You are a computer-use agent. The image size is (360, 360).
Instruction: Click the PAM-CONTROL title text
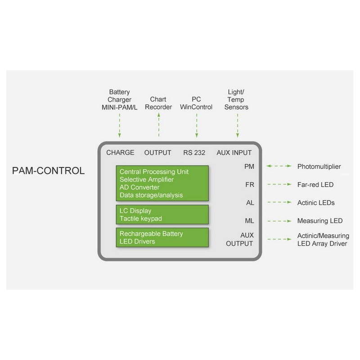(48, 171)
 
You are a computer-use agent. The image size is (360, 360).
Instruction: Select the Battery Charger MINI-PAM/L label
(119, 99)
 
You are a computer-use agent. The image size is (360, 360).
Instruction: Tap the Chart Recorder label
(158, 103)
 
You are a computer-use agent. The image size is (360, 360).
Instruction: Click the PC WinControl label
(196, 103)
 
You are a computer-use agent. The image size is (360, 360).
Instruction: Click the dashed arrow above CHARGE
(120, 126)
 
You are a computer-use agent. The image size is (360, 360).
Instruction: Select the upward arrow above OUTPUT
(158, 126)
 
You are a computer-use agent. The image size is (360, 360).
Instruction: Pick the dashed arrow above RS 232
(197, 126)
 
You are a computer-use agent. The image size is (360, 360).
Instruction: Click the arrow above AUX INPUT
(237, 126)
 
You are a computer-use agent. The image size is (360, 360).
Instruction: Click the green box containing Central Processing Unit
(162, 183)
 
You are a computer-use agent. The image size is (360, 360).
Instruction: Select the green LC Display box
(162, 215)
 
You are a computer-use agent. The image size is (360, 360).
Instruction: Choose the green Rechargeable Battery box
(162, 238)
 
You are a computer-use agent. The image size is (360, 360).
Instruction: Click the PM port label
(249, 166)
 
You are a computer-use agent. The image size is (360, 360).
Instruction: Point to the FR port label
(249, 184)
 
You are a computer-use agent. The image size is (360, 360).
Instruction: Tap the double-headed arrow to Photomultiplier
(279, 166)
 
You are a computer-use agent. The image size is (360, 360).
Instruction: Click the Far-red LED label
(315, 184)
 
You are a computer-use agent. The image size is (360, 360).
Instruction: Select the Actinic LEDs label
(316, 202)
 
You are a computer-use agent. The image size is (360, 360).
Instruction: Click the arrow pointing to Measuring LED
(279, 221)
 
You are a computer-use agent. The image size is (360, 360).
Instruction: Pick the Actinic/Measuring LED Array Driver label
(323, 240)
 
